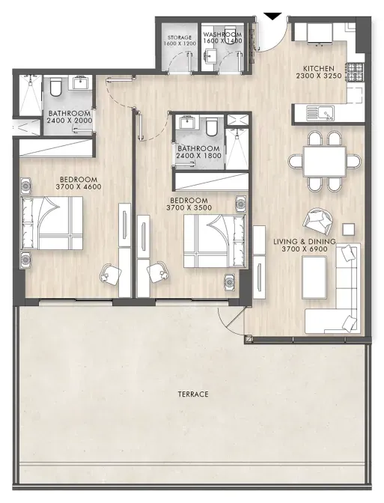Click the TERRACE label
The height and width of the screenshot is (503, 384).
pos(193,394)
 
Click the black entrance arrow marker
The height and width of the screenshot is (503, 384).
pos(272,16)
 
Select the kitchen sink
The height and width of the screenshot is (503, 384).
pos(320,113)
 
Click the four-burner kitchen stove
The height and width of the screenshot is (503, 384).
pos(355,72)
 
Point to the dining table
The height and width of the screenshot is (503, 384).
pos(324,162)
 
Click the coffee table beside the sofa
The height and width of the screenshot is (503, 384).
pos(314,278)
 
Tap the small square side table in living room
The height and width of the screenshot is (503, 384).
pos(348,229)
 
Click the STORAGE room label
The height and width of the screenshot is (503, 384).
pos(180,37)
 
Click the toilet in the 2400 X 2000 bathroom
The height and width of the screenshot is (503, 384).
pos(55,87)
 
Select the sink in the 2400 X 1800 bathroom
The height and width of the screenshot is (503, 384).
pos(186,122)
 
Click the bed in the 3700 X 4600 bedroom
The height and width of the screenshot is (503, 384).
pos(52,223)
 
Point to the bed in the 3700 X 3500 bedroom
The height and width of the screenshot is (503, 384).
pos(214,241)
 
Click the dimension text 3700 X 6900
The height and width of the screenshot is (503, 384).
pos(305,249)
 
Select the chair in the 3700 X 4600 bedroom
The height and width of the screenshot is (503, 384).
pos(110,274)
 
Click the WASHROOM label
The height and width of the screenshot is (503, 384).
pos(222,34)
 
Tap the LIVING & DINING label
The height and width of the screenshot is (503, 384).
pos(305,242)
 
